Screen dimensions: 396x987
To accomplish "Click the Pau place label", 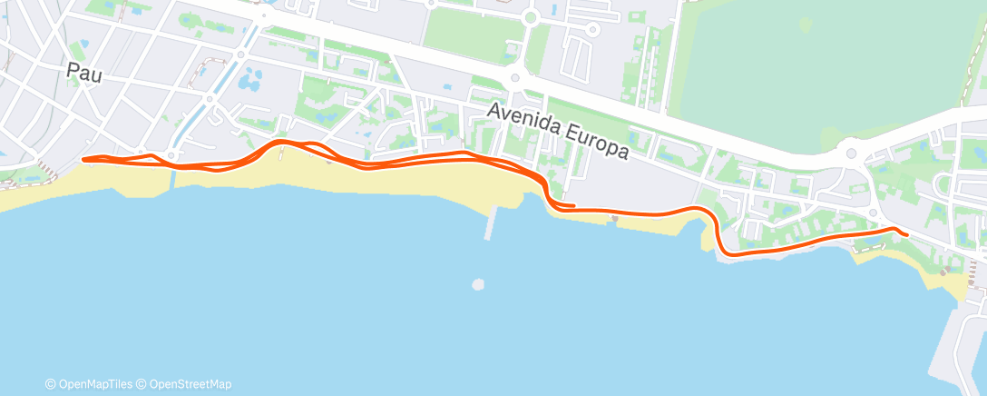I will [x=83, y=72].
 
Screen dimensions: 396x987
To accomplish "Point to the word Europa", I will [x=594, y=142].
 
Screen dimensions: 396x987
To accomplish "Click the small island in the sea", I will [x=478, y=285].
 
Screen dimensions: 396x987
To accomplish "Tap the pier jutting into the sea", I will [x=490, y=223].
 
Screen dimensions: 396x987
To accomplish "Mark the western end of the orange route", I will [x=83, y=159].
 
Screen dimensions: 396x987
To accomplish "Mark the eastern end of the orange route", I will [x=906, y=234].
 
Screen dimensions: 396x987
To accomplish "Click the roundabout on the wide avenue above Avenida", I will [x=515, y=79].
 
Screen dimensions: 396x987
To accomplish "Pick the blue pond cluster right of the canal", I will [x=247, y=82].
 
